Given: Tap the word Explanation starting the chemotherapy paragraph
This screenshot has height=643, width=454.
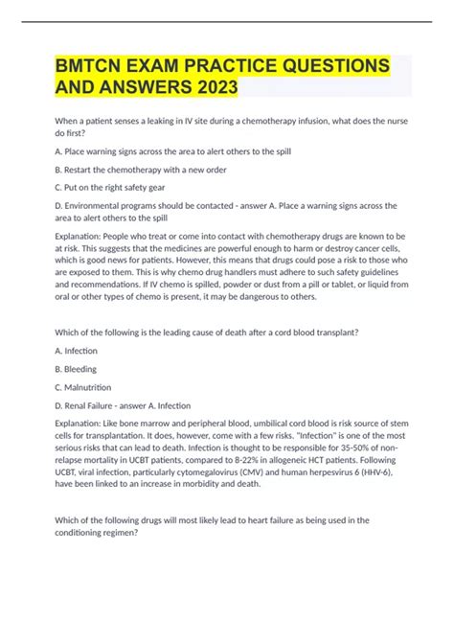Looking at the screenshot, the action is (84, 236).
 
